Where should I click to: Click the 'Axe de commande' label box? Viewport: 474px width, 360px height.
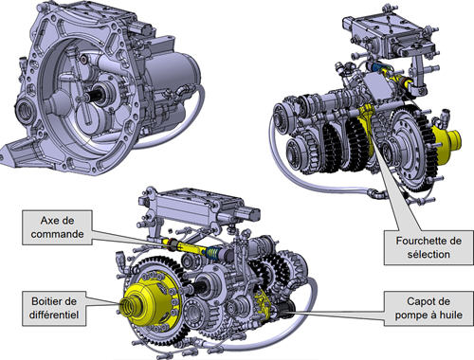pyautogui.click(x=57, y=227)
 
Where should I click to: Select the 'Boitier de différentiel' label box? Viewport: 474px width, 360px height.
pyautogui.click(x=54, y=308)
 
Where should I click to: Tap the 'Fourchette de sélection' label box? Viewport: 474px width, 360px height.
pyautogui.click(x=428, y=247)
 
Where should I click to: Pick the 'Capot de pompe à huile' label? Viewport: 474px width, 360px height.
pyautogui.click(x=428, y=308)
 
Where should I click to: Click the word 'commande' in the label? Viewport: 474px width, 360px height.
pyautogui.click(x=57, y=234)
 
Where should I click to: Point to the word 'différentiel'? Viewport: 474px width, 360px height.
pyautogui.click(x=54, y=315)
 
